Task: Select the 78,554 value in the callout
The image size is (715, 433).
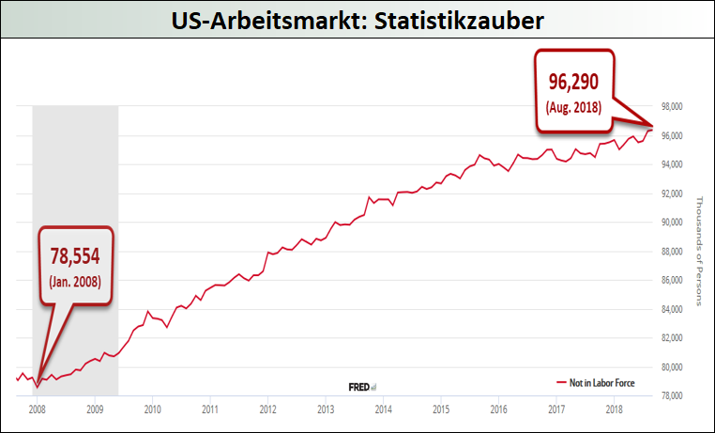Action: [75, 255]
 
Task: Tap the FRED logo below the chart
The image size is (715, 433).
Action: [361, 385]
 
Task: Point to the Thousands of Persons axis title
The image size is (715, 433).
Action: [699, 250]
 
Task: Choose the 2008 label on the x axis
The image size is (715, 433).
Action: [38, 410]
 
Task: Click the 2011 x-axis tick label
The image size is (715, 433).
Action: [210, 410]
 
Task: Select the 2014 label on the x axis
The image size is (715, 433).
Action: [383, 410]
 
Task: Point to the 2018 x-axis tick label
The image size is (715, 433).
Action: [615, 410]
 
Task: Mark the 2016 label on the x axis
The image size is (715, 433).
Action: [499, 410]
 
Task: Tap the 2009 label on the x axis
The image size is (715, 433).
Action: [95, 410]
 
